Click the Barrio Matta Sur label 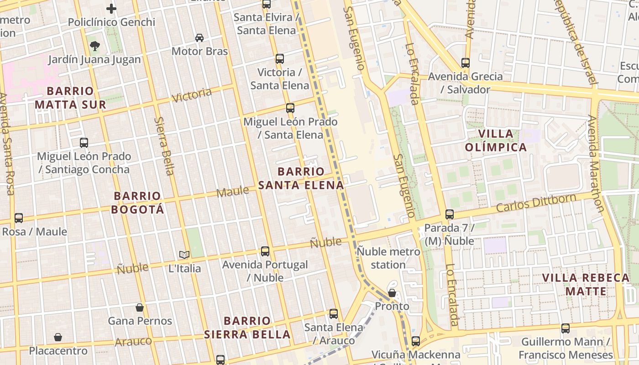pos(70,98)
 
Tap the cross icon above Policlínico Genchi pos(111,8)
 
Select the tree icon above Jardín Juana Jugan pos(95,46)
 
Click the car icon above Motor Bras pos(199,37)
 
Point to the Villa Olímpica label pos(496,141)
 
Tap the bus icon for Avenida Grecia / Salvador pos(466,63)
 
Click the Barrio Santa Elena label pos(301,178)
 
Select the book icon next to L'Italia pos(184,255)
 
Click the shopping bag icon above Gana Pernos pos(140,308)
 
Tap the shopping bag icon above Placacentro pos(58,337)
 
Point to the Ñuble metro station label pos(388,258)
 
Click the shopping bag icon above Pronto pos(392,292)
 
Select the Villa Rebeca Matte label pos(586,285)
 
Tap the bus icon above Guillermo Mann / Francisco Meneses pos(566,328)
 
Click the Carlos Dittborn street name pos(536,203)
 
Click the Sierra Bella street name pos(164,146)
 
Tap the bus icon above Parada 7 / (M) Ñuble pos(450,214)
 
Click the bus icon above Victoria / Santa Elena pos(280,59)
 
